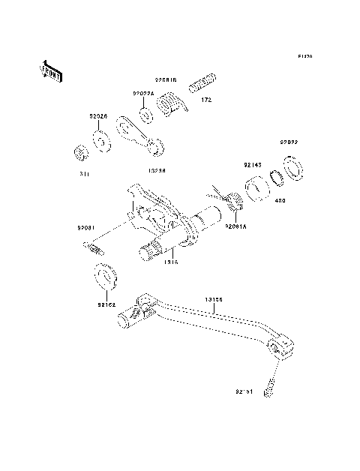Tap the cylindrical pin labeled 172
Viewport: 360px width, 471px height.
click(x=205, y=81)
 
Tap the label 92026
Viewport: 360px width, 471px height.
click(x=99, y=116)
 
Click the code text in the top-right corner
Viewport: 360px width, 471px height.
click(x=304, y=56)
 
